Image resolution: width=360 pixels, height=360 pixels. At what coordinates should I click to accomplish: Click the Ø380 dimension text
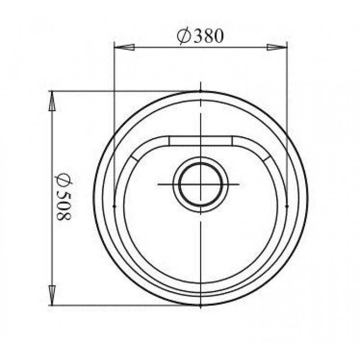coord(200,36)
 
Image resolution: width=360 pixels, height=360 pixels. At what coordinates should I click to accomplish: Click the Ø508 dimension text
coord(63,196)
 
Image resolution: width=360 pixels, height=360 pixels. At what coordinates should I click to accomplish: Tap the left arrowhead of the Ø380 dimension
coord(124,47)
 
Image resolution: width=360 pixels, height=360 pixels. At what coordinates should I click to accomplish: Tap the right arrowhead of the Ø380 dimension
coord(277,47)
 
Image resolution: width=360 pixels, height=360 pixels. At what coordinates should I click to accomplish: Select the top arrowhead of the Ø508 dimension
coord(52,101)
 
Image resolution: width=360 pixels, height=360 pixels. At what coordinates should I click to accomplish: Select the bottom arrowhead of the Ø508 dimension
coord(52,296)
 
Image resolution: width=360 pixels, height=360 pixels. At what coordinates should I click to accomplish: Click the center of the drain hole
coord(201,184)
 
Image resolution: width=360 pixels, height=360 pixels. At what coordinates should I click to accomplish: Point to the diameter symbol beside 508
coord(63,179)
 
